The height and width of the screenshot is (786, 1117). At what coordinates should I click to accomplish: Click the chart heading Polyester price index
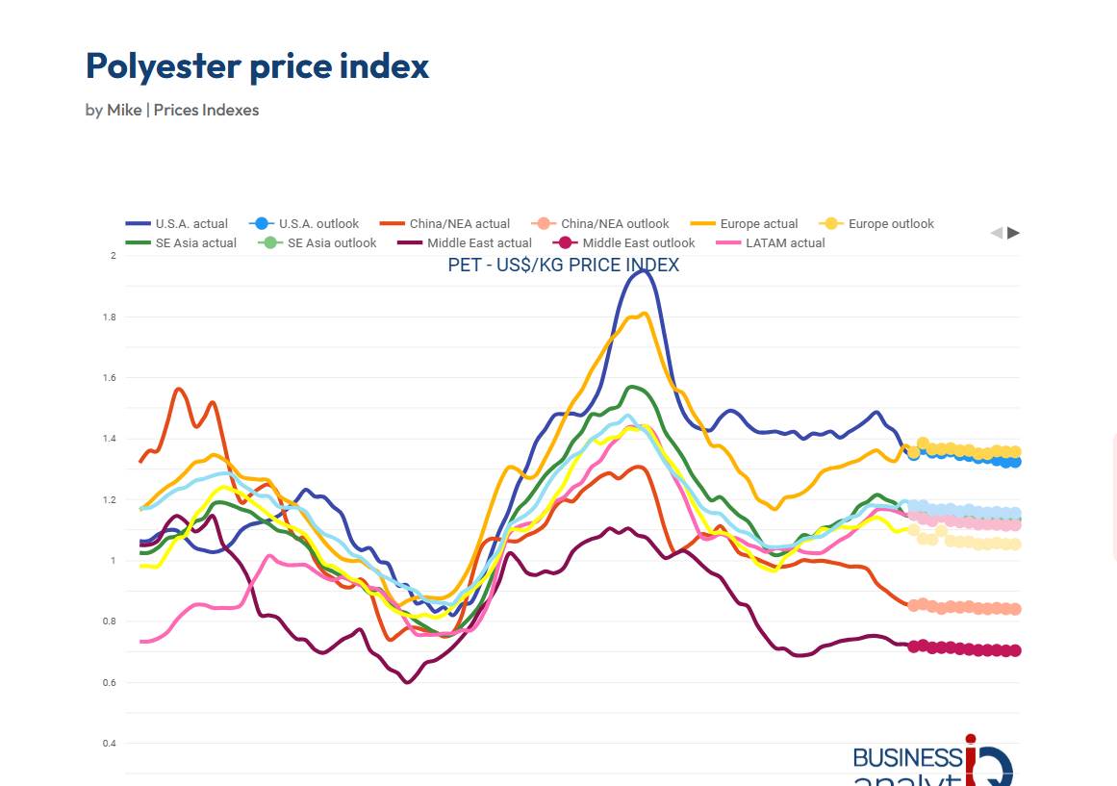[x=257, y=66]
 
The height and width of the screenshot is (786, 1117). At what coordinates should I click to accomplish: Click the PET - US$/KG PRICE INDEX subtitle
[x=563, y=266]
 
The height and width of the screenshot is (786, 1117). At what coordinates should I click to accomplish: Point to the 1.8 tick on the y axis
[x=110, y=317]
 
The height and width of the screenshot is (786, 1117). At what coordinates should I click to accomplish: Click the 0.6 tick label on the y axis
[x=110, y=682]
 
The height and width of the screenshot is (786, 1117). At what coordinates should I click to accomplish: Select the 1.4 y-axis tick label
[x=110, y=439]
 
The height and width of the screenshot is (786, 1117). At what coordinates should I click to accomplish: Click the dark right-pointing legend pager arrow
[x=1014, y=233]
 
